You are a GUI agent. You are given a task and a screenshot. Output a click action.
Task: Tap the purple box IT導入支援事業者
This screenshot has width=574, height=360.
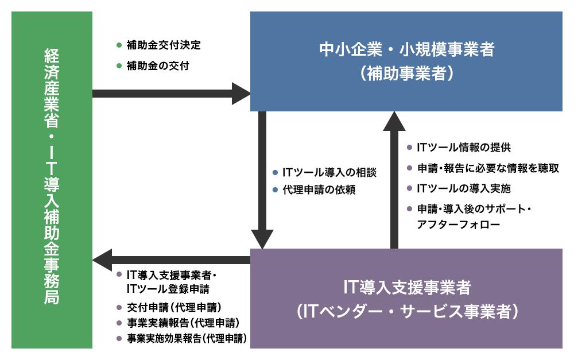[x=406, y=298]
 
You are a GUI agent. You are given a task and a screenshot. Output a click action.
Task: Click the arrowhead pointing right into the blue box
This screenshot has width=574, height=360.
[x=241, y=94]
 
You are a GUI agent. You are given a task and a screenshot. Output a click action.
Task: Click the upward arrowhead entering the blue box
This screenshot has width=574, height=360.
[x=394, y=122]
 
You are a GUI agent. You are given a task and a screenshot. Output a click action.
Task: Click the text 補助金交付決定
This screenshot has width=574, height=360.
[x=164, y=45]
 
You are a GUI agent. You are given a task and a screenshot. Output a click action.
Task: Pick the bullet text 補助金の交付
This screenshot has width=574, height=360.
[x=158, y=66]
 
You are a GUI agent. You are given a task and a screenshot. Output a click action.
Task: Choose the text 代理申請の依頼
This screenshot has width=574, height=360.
[x=319, y=190]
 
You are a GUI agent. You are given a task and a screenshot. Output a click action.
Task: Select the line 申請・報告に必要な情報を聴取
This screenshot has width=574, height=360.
[x=487, y=168]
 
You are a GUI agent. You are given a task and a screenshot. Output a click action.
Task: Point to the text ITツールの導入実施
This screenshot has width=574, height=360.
[x=463, y=188]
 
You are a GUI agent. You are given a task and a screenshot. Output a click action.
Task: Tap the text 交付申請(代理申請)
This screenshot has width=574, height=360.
[x=174, y=307]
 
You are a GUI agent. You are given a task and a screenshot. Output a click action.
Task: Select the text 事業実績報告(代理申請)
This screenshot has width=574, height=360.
[x=183, y=323]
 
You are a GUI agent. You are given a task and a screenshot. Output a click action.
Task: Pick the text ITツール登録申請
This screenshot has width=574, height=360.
[x=168, y=288]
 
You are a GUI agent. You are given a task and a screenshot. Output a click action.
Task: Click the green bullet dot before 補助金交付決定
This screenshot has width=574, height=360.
[x=119, y=45]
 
